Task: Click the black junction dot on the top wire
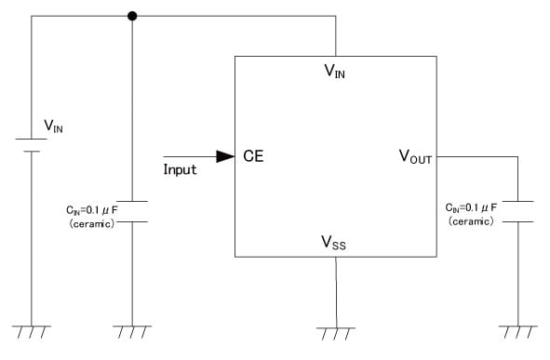click(x=132, y=16)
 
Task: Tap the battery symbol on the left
click(x=32, y=145)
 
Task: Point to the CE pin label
click(x=253, y=157)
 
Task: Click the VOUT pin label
click(x=415, y=157)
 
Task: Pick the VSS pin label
click(x=335, y=243)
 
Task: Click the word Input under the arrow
click(x=181, y=170)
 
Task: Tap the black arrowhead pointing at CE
click(x=224, y=157)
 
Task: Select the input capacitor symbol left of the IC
click(x=132, y=211)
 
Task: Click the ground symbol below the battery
click(x=32, y=331)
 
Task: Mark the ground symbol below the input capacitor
click(x=132, y=331)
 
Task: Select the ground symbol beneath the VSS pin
click(x=335, y=331)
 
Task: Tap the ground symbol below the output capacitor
click(x=516, y=331)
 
